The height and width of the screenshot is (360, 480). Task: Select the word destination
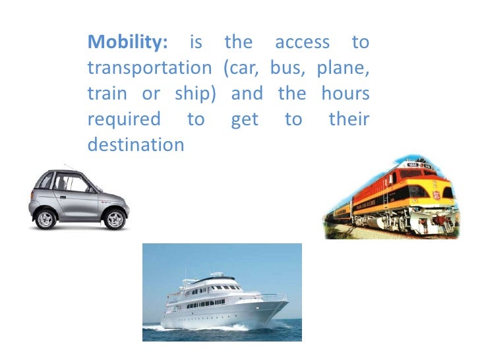coord(135,144)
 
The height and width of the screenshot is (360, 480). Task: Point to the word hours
coord(345,94)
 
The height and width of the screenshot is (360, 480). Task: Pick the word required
coord(123,119)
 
